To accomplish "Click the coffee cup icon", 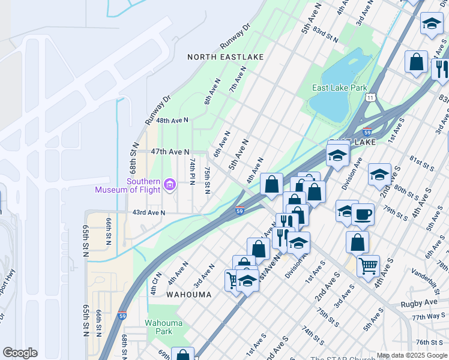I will pos(363,214).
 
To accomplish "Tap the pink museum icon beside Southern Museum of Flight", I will pos(170,184).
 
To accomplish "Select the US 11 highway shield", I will pos(372,97).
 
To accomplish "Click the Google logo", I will pos(20,353).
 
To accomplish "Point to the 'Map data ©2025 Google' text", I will pos(412,355).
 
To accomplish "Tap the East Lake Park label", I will pos(339,88).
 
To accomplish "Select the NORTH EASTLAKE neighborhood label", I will pos(225,57).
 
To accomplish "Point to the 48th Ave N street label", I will pos(172,120).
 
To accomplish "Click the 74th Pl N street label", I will pos(193,172).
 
